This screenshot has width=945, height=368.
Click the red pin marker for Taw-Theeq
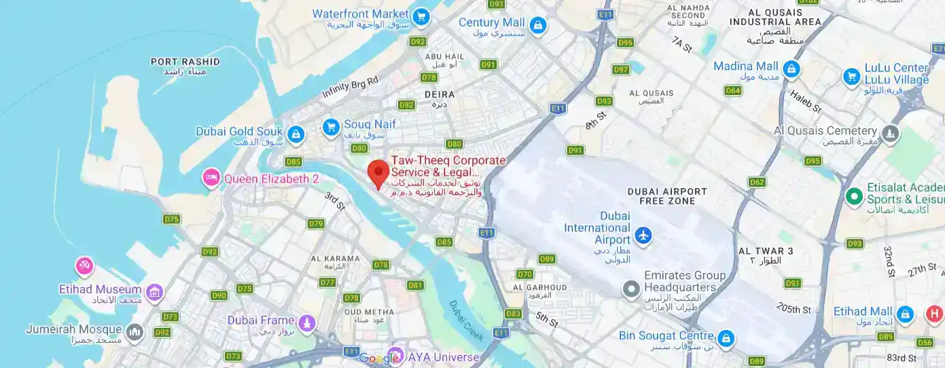(378, 172)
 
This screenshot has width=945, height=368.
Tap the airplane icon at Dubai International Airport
(643, 236)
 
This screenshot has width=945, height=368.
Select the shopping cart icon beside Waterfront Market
(421, 16)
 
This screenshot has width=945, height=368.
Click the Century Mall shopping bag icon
(538, 26)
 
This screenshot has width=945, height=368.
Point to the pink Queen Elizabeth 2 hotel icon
(211, 179)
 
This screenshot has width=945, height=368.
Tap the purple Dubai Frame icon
(307, 322)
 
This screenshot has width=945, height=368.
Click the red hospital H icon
(935, 314)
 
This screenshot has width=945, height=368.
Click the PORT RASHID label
(185, 62)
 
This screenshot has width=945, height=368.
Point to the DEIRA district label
(440, 94)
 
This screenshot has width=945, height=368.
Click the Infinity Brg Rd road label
(350, 87)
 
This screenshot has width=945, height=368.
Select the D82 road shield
(406, 105)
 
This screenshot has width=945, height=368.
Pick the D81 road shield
(415, 285)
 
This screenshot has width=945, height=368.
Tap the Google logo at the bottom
(378, 358)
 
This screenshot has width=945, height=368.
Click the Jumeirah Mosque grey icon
(135, 331)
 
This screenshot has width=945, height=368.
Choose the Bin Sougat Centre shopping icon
(726, 337)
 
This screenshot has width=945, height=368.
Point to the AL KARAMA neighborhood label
(335, 258)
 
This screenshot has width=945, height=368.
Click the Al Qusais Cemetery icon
(891, 132)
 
